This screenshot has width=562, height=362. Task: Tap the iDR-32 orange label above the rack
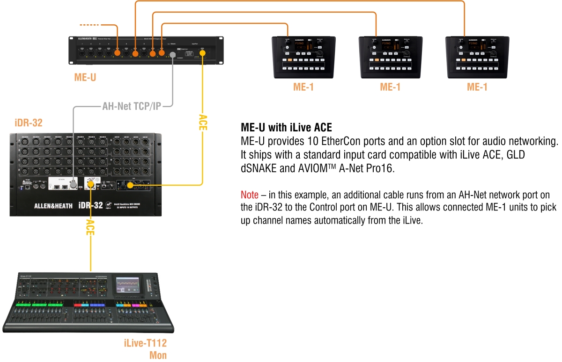point(29,123)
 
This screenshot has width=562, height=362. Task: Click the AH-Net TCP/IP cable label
point(132,106)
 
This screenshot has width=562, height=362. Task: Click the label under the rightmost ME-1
point(477,87)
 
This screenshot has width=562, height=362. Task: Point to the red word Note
point(250,194)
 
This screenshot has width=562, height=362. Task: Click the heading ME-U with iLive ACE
point(286,127)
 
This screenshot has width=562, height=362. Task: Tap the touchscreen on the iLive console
point(131,284)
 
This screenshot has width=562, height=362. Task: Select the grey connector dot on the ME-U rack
point(172,55)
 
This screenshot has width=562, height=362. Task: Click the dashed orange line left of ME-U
point(90,24)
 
